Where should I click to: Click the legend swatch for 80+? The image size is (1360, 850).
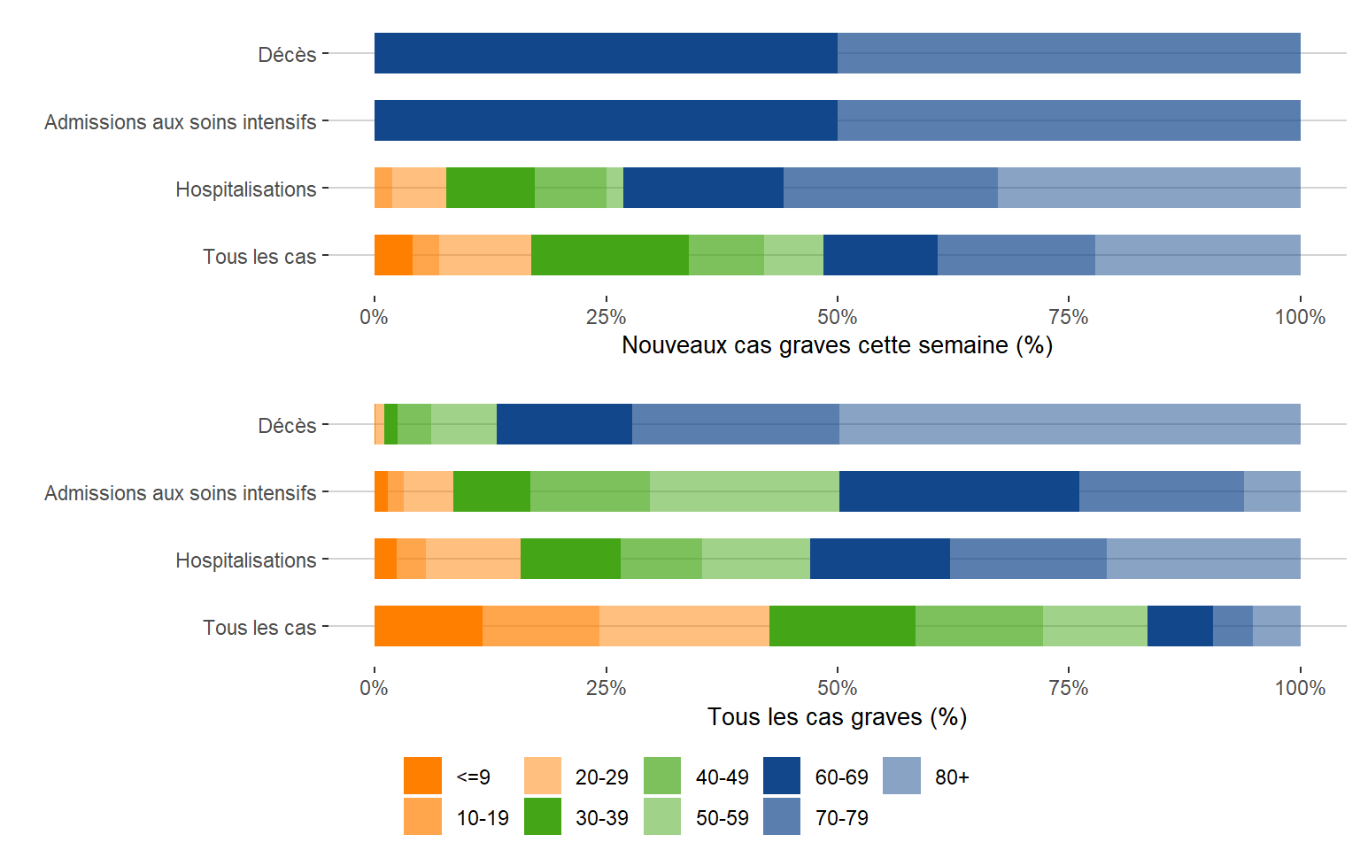tap(901, 776)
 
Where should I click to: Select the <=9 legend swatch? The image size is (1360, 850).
tap(422, 776)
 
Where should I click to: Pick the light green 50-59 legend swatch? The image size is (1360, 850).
tap(662, 816)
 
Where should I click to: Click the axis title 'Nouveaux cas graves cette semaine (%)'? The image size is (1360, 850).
tap(837, 345)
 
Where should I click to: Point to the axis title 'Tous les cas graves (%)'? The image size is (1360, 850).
tap(837, 717)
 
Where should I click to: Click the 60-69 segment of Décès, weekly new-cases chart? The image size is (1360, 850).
tap(606, 53)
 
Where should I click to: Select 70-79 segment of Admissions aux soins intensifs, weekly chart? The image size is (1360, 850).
tap(1069, 120)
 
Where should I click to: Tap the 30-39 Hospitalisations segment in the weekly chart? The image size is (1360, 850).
tap(491, 188)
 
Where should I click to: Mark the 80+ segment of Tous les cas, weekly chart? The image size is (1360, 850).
tap(1197, 255)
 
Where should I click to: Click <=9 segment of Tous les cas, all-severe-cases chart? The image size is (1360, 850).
tap(429, 626)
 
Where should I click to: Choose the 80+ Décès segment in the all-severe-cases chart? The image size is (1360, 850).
tap(1070, 424)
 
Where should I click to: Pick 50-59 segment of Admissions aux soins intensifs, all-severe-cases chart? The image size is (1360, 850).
tap(744, 491)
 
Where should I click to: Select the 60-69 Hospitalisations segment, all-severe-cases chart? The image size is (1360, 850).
tap(879, 559)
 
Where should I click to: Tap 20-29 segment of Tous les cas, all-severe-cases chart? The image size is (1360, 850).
tap(684, 626)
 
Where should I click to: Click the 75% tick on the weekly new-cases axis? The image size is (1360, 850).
tap(1069, 317)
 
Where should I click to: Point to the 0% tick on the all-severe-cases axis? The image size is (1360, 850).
tap(375, 688)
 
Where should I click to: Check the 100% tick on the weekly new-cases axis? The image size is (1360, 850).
tap(1300, 317)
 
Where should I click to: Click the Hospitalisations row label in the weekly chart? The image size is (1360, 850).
tap(245, 189)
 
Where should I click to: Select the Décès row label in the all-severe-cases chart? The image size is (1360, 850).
tap(287, 426)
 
